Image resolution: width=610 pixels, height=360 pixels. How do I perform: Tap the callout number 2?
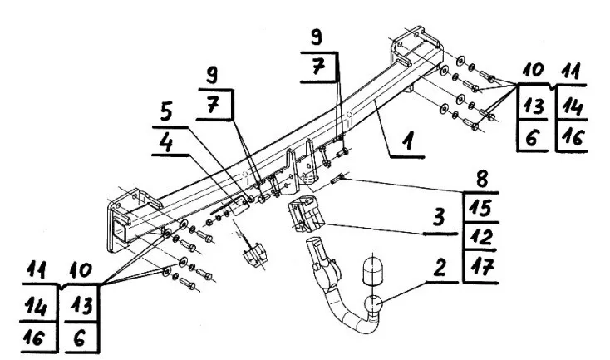tap(439, 268)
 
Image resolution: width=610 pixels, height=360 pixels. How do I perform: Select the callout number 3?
tap(439, 218)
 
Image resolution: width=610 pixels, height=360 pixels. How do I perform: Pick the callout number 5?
tap(166, 112)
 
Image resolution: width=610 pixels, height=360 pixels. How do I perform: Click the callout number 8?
tap(482, 180)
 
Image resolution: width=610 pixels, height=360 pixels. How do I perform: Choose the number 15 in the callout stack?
tap(481, 208)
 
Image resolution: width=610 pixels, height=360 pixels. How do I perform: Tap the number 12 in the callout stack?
tap(481, 237)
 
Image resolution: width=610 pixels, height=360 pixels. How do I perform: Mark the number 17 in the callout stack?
tap(481, 267)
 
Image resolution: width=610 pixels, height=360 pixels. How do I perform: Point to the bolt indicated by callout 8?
tap(337, 180)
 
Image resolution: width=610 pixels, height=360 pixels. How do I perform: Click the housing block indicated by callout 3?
tap(305, 215)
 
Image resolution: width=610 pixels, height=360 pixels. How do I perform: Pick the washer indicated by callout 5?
tap(250, 199)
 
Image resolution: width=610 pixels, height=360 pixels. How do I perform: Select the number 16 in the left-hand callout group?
tap(34, 337)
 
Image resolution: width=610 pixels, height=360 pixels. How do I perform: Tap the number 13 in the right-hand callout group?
tap(534, 106)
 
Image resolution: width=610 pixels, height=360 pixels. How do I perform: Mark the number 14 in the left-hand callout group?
tap(35, 306)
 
